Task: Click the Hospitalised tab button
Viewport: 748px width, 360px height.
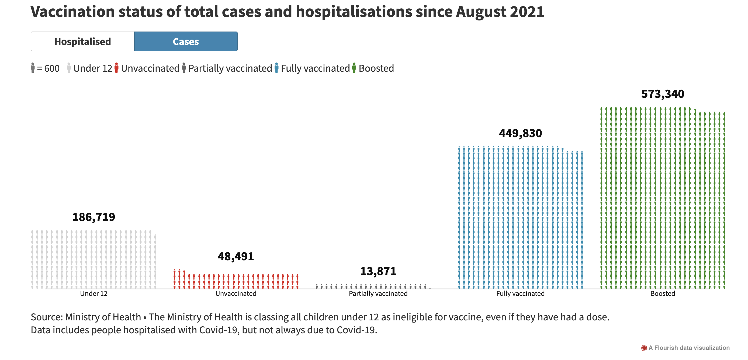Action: click(x=82, y=41)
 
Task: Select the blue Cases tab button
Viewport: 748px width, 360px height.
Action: click(x=186, y=41)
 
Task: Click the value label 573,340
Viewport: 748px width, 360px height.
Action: click(x=663, y=94)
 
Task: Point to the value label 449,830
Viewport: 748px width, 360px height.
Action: click(x=520, y=133)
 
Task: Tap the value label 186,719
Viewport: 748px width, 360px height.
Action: click(x=93, y=217)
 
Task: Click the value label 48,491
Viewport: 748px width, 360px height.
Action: click(x=236, y=256)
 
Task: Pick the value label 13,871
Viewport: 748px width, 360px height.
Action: click(x=378, y=271)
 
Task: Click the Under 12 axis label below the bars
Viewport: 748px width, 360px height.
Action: click(x=93, y=293)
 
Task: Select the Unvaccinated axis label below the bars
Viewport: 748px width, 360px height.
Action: click(x=236, y=293)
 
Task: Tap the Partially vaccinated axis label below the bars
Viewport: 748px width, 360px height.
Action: click(x=378, y=293)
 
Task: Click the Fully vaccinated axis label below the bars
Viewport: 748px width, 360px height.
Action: click(x=520, y=293)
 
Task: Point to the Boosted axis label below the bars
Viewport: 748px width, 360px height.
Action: click(x=663, y=293)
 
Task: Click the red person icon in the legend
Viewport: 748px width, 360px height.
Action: click(x=116, y=68)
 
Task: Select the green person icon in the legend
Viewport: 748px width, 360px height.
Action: click(x=354, y=68)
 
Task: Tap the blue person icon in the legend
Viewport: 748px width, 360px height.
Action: click(x=276, y=68)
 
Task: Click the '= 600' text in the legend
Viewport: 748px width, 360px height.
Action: click(x=48, y=68)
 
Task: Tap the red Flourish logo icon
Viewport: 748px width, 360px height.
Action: click(x=644, y=348)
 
